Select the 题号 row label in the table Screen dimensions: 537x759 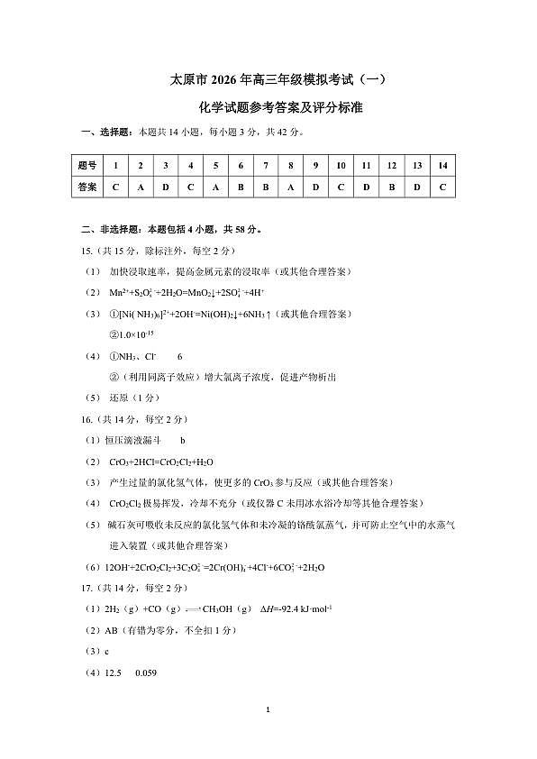[87, 166]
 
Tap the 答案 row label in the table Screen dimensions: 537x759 [87, 187]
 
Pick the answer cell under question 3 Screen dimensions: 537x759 [166, 187]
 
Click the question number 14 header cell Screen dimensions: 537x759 [442, 166]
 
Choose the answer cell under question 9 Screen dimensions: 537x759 [316, 187]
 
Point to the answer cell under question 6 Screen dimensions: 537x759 [241, 187]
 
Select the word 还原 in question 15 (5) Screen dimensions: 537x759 [118, 398]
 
